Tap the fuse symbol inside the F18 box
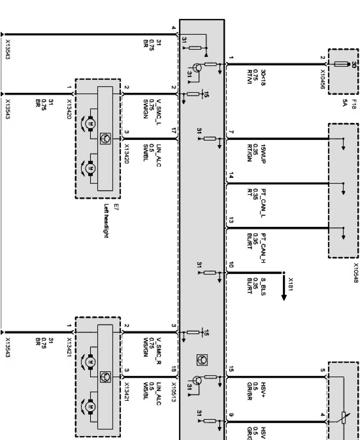point(341,64)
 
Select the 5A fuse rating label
point(345,103)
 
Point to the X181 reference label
point(291,285)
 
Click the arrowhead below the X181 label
point(284,297)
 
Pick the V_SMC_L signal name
point(158,112)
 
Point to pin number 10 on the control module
point(231,265)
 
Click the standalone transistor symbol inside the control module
point(201,359)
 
